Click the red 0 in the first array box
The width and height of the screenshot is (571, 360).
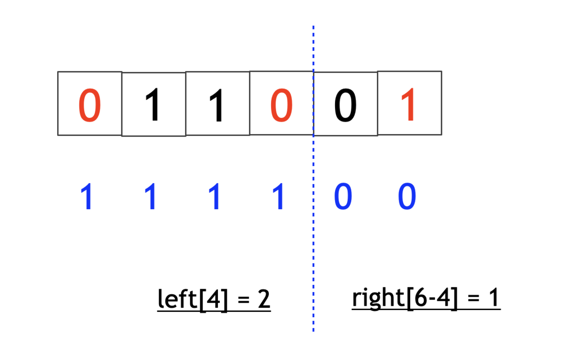89,105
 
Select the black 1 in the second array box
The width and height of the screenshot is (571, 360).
153,105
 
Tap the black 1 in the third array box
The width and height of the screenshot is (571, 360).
217,105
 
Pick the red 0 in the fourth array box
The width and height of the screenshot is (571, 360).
281,105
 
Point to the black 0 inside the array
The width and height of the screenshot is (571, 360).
345,105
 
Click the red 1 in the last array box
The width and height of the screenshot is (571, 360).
408,104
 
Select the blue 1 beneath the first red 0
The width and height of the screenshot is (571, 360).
87,196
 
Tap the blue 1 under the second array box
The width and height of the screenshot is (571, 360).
151,196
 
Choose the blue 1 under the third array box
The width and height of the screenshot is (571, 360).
215,196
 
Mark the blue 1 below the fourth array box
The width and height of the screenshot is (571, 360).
279,196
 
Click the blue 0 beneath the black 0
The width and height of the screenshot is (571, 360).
343,196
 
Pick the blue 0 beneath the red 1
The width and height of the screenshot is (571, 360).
407,196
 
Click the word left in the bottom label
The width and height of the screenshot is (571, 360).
177,298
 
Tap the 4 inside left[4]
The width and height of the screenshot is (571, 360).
214,299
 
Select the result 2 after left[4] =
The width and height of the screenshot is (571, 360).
264,299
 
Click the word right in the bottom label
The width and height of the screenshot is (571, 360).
379,298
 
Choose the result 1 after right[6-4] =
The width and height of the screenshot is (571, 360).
494,297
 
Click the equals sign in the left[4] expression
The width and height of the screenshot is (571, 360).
244,300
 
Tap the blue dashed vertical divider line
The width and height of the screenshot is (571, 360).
313,178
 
